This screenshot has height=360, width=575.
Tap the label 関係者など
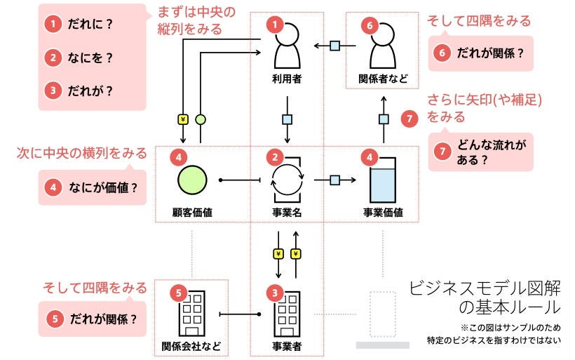(383, 79)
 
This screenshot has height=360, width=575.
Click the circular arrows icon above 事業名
(287, 180)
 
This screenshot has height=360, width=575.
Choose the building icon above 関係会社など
(191, 313)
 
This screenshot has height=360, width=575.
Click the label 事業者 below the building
(287, 345)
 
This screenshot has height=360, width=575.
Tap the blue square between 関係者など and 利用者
(335, 46)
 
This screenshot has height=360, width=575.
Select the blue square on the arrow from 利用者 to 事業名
(287, 119)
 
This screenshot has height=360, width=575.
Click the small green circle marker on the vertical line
(201, 119)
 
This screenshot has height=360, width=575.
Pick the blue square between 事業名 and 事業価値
(335, 180)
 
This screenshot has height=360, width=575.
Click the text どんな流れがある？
(491, 152)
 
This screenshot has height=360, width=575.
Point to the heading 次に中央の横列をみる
(82, 153)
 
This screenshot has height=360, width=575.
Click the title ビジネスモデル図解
(485, 288)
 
